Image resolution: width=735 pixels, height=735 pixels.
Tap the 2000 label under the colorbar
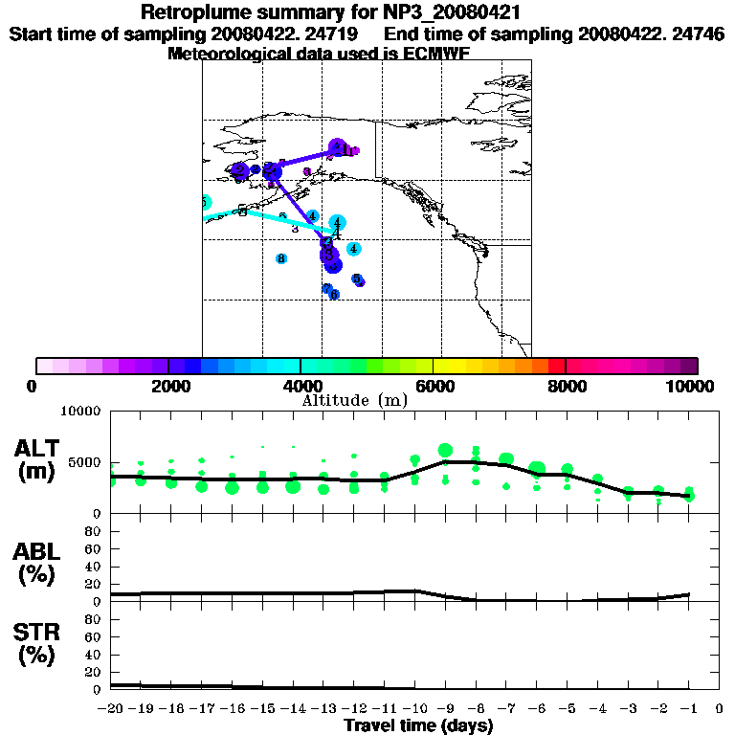click(168, 386)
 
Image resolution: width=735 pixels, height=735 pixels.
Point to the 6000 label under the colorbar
click(434, 386)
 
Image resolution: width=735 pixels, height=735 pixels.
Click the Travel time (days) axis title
click(418, 726)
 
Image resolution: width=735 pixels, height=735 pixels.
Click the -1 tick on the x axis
click(688, 710)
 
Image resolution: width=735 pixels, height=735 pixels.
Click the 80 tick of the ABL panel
click(95, 530)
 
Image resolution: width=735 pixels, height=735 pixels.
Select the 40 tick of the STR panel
click(95, 655)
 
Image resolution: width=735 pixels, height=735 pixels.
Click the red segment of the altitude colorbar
click(556, 366)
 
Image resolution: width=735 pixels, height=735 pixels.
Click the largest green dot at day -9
click(445, 451)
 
